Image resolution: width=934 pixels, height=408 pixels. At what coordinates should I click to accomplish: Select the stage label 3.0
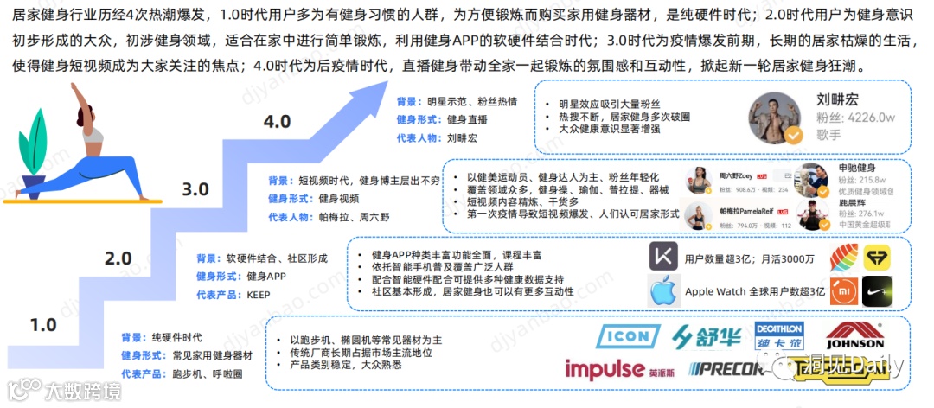pyautogui.click(x=196, y=189)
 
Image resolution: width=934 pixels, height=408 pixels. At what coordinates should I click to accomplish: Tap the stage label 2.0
pyautogui.click(x=118, y=258)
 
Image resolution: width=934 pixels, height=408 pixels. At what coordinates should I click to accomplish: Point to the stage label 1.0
pyautogui.click(x=42, y=326)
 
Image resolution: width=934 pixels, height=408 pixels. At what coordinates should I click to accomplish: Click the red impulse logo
pyautogui.click(x=605, y=369)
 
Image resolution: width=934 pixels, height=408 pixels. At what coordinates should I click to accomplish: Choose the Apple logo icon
pyautogui.click(x=662, y=291)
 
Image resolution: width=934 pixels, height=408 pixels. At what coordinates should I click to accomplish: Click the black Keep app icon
pyautogui.click(x=664, y=258)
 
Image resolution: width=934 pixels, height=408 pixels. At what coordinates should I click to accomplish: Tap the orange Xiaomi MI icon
pyautogui.click(x=843, y=291)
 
